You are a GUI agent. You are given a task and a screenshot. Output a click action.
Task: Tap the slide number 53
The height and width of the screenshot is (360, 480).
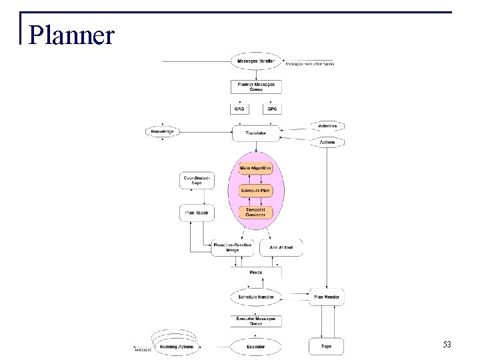[x=447, y=345]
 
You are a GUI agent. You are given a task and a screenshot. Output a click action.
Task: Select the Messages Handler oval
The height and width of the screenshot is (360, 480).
[x=256, y=62]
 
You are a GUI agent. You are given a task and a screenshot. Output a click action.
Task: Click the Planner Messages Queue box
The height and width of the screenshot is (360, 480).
[x=256, y=87]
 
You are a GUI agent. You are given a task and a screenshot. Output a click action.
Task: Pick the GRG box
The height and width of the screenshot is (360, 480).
[x=240, y=109]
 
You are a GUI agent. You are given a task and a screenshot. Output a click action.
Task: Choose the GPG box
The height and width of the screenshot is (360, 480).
[x=272, y=109]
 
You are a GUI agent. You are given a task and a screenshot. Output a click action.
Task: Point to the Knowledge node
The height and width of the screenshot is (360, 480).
[x=162, y=132]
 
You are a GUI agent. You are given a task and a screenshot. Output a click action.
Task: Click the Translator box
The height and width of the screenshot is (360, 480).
[x=256, y=133]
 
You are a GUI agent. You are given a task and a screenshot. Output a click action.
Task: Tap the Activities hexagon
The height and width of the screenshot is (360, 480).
[x=327, y=125]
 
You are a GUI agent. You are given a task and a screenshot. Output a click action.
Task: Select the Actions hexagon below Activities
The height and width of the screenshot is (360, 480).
[x=327, y=142]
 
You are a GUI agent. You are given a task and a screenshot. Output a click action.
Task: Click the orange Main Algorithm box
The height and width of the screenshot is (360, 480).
[x=256, y=168]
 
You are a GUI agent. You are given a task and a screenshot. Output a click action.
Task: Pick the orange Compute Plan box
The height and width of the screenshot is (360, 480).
[x=256, y=190]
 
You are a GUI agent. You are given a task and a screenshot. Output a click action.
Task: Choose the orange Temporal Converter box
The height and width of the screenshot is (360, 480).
[x=256, y=213]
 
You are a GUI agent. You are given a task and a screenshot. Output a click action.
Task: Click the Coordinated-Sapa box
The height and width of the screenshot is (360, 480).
[x=196, y=180]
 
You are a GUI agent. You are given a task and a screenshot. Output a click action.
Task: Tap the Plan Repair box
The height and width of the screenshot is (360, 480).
[x=196, y=213]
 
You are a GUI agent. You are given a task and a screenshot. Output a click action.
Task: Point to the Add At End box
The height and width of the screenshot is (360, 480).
[x=281, y=248]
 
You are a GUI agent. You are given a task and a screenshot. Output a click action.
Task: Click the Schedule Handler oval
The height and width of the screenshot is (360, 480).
[x=256, y=296]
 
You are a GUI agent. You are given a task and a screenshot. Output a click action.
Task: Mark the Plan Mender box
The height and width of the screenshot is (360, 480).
[x=326, y=296]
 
